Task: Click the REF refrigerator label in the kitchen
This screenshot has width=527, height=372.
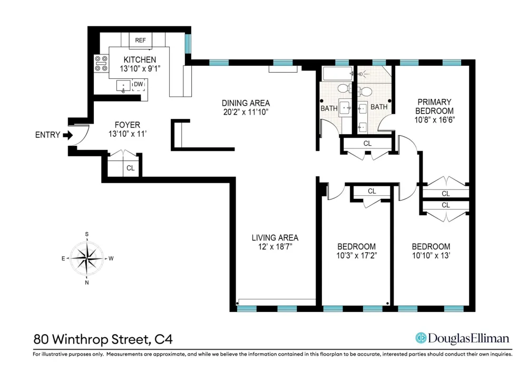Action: tap(141, 41)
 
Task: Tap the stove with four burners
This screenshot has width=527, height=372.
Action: tap(101, 63)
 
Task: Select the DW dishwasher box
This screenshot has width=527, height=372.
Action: tap(139, 85)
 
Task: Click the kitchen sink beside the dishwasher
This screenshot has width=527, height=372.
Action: tap(123, 86)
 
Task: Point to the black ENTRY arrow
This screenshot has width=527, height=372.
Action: tap(67, 135)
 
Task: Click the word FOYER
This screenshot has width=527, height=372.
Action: tap(128, 125)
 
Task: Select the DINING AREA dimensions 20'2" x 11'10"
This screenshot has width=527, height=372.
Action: tap(246, 112)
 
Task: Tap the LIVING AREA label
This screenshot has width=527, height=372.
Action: tap(275, 238)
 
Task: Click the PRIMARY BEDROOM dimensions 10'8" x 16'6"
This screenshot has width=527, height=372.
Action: tap(434, 120)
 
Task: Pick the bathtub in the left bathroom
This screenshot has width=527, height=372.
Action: tap(337, 74)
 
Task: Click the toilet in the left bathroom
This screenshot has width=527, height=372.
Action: tap(344, 88)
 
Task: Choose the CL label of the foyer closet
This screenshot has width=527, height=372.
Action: tap(130, 168)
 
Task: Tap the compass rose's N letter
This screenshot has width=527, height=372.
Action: tap(87, 283)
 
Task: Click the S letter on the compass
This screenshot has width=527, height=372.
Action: tap(87, 234)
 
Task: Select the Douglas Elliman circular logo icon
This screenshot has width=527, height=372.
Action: tap(421, 338)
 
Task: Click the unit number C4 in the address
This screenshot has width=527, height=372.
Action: tap(163, 339)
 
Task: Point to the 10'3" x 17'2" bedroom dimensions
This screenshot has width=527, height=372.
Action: tap(357, 256)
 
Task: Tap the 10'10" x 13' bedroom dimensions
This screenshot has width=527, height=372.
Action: tap(431, 256)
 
